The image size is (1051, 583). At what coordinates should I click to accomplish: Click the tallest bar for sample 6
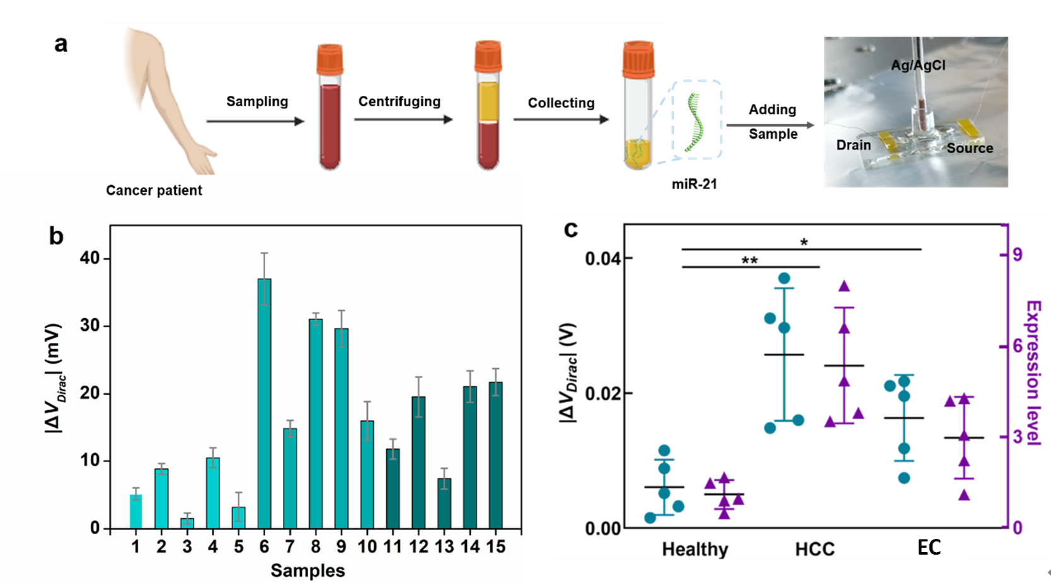[x=264, y=403]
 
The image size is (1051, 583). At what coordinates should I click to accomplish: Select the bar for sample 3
[x=187, y=523]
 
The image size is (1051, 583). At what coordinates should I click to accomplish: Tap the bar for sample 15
[x=496, y=455]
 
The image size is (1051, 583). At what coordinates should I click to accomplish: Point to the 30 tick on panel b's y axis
[x=90, y=326]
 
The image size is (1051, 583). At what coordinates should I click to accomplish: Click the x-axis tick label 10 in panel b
[x=367, y=547]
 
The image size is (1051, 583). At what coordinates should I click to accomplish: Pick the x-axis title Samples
[x=307, y=570]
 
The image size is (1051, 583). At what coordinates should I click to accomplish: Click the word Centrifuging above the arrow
[x=399, y=101]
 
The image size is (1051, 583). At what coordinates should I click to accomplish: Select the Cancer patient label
[x=154, y=190]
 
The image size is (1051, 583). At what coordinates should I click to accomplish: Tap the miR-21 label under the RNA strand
[x=694, y=184]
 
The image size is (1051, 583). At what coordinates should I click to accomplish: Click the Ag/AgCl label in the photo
[x=918, y=65]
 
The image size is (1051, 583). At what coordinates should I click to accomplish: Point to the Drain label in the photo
[x=853, y=145]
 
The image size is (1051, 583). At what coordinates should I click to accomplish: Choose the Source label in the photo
[x=970, y=148]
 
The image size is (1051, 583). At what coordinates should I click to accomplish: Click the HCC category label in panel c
[x=815, y=550]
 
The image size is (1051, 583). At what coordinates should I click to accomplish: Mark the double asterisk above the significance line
[x=749, y=260]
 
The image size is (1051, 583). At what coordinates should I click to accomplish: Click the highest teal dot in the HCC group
[x=784, y=279]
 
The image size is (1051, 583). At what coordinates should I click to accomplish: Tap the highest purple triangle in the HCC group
[x=844, y=287]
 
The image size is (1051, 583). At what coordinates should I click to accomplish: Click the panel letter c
[x=571, y=229]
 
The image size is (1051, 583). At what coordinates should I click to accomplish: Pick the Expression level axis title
[x=1034, y=373]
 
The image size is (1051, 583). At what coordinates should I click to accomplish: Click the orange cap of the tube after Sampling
[x=330, y=59]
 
